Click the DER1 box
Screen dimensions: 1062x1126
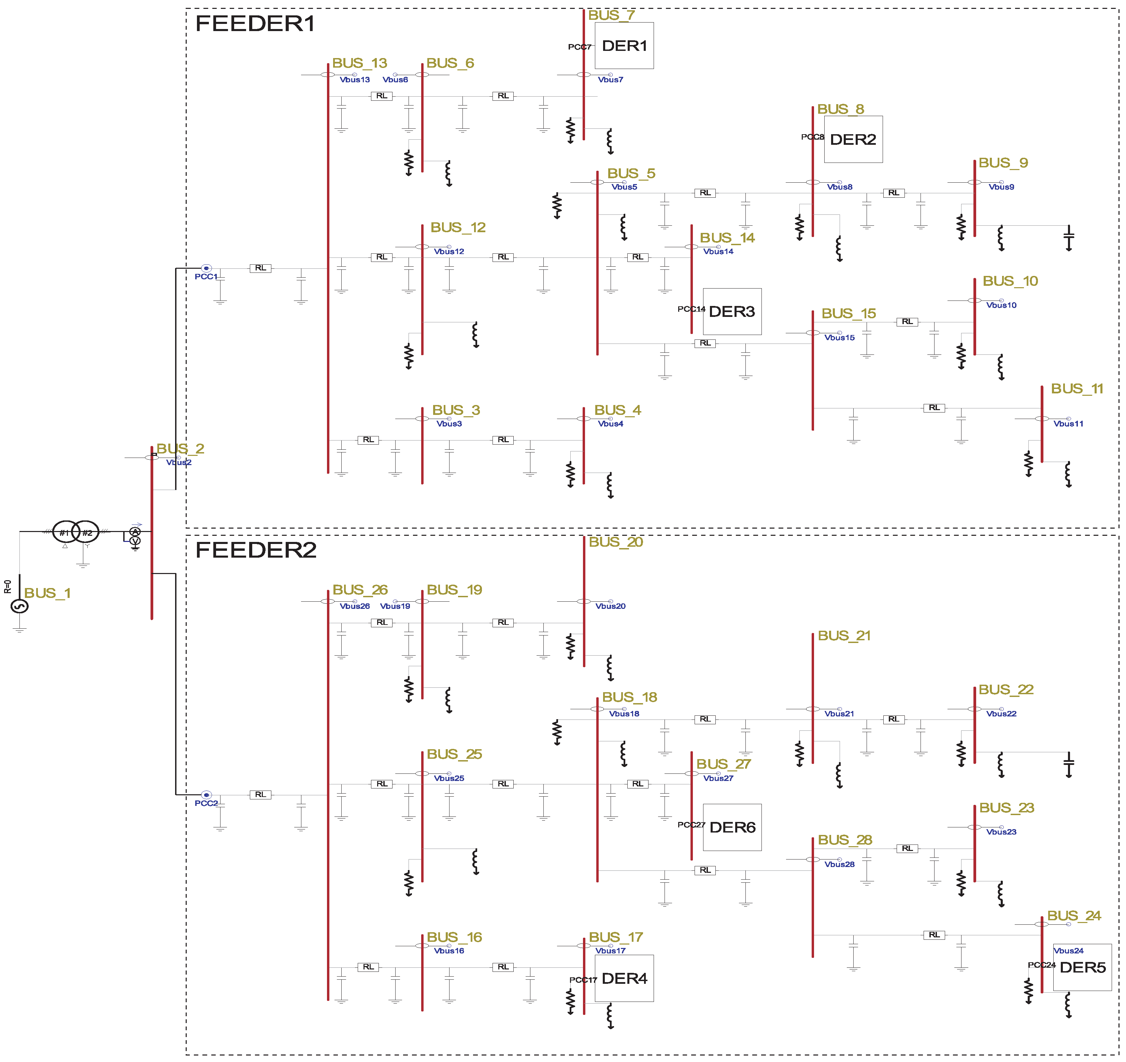point(624,46)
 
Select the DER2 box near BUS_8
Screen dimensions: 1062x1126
point(853,139)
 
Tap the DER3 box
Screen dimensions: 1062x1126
point(732,312)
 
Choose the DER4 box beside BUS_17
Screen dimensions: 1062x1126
point(624,979)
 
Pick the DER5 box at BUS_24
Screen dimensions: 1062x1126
point(1082,967)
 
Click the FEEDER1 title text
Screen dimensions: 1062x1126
point(255,24)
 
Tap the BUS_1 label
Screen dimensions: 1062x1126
point(47,593)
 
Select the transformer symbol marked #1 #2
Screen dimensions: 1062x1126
point(76,532)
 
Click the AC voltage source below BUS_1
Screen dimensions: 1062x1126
point(20,606)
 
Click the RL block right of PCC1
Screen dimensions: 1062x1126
point(260,268)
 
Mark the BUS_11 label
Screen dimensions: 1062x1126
point(1077,389)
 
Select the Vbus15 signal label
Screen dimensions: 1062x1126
point(839,338)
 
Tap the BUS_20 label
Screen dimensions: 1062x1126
point(616,542)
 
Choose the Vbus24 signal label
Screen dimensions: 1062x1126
point(1068,951)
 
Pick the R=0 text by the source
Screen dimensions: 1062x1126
point(8,587)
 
